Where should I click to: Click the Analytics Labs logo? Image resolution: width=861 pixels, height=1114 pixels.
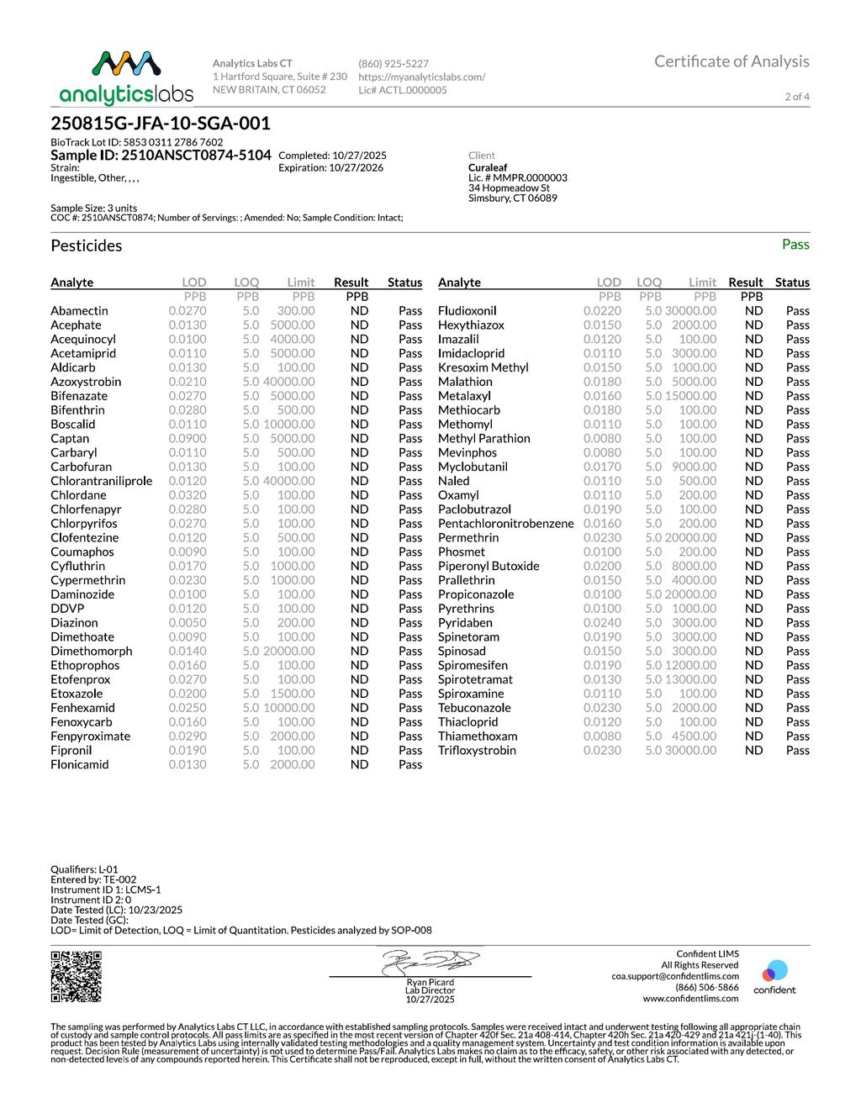pyautogui.click(x=126, y=77)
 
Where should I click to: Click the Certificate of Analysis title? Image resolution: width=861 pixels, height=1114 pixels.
pyautogui.click(x=732, y=61)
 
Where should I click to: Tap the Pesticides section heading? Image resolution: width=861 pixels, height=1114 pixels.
pyautogui.click(x=87, y=246)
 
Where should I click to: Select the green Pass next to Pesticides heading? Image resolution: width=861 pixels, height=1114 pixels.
pyautogui.click(x=795, y=245)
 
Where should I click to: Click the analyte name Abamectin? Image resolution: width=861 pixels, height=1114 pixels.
pyautogui.click(x=79, y=311)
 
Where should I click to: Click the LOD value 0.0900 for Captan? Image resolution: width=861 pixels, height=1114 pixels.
pyautogui.click(x=187, y=439)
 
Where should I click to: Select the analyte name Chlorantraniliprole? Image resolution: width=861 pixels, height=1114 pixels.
pyautogui.click(x=102, y=481)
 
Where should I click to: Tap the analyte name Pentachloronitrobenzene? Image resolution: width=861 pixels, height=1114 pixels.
pyautogui.click(x=506, y=524)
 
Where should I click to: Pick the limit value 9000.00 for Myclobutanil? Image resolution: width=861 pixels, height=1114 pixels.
pyautogui.click(x=694, y=467)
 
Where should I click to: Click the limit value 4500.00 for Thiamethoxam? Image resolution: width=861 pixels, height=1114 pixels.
pyautogui.click(x=694, y=737)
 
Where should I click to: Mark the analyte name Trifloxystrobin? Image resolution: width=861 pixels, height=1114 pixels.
pyautogui.click(x=477, y=751)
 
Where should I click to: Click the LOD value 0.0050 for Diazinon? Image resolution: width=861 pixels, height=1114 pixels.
pyautogui.click(x=187, y=623)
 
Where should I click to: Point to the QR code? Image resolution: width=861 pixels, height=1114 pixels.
pyautogui.click(x=77, y=976)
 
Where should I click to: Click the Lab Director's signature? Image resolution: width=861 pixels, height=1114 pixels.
pyautogui.click(x=430, y=962)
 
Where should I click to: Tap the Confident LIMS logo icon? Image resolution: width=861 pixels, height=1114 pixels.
pyautogui.click(x=774, y=973)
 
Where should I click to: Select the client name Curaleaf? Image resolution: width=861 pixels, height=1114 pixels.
pyautogui.click(x=488, y=168)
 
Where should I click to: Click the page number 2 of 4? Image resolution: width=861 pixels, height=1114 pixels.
pyautogui.click(x=797, y=97)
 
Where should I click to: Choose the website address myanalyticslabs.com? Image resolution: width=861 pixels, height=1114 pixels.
pyautogui.click(x=421, y=77)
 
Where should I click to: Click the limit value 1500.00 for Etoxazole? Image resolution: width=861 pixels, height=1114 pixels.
pyautogui.click(x=292, y=694)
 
